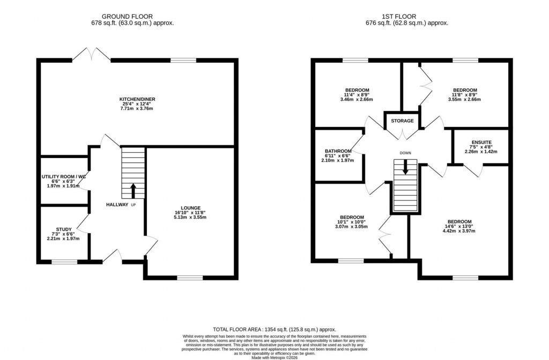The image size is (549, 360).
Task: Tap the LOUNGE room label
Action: [x=190, y=208]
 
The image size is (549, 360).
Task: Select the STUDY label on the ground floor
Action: [x=64, y=229]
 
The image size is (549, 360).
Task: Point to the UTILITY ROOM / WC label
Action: [x=64, y=176]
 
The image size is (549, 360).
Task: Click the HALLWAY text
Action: [x=117, y=205]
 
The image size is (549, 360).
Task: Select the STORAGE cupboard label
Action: [x=402, y=121]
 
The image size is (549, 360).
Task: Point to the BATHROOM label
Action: [x=338, y=151]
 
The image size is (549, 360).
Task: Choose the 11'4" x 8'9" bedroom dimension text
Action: [x=357, y=95]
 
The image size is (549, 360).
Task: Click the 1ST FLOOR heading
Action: [x=406, y=17]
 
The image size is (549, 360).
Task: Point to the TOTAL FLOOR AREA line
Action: [x=274, y=328]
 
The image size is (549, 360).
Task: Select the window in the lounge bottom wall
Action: [x=190, y=277]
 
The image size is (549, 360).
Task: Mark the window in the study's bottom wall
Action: [x=64, y=261]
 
